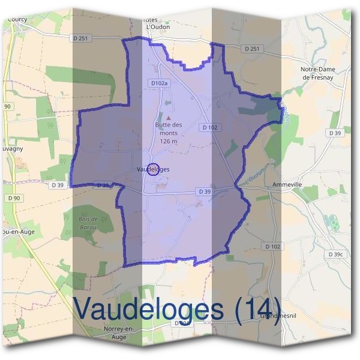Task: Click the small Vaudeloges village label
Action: coord(153,170)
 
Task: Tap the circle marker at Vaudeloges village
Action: coord(153,169)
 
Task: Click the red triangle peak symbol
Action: coord(169,118)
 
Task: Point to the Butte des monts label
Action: coord(169,125)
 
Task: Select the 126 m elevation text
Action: coord(169,141)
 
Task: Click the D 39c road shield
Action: coord(337,254)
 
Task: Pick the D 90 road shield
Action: coord(14,198)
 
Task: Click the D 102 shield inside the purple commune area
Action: coord(209,127)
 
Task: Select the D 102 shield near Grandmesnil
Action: coord(272,247)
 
